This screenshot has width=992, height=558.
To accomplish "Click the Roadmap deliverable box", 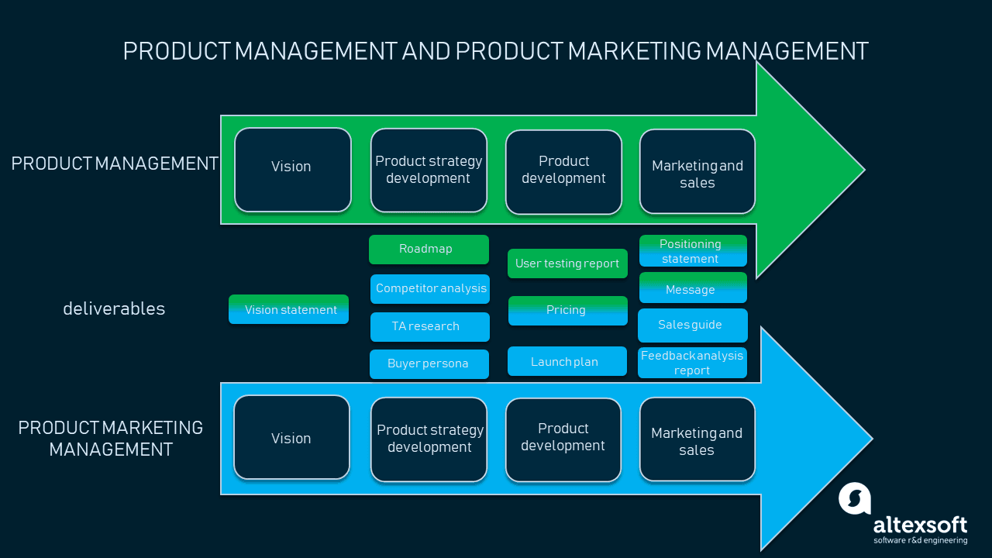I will click(x=429, y=250).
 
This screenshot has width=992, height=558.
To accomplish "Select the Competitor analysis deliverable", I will click(x=430, y=289).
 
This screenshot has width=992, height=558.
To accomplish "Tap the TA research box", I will click(x=429, y=327).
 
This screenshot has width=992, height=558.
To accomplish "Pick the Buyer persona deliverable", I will click(x=429, y=364).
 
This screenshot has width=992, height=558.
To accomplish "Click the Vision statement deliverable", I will click(x=288, y=309).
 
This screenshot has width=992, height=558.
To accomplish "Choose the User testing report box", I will click(x=567, y=263).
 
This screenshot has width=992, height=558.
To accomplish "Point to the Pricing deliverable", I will click(x=567, y=310).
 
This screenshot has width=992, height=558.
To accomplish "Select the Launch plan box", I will click(x=567, y=361).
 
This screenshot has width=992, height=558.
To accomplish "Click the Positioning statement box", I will click(x=693, y=251).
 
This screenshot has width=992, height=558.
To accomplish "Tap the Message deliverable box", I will click(x=693, y=288).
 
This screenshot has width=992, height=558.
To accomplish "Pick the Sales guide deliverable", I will click(x=692, y=325).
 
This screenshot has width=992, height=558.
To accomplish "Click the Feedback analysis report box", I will click(x=692, y=363).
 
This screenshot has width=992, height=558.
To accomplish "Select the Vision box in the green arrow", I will click(x=293, y=170).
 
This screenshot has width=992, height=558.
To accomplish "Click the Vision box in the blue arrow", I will click(x=291, y=437).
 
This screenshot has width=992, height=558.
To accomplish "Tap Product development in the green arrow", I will click(x=563, y=171).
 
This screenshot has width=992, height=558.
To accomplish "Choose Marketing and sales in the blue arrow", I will click(x=697, y=439).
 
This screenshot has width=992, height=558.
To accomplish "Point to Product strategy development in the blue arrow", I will click(x=429, y=439).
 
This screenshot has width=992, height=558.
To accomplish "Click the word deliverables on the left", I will click(x=114, y=308).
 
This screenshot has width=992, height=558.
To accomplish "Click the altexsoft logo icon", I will click(x=855, y=498).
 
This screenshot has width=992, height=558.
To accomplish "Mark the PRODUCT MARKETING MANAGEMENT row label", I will click(x=111, y=438).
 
